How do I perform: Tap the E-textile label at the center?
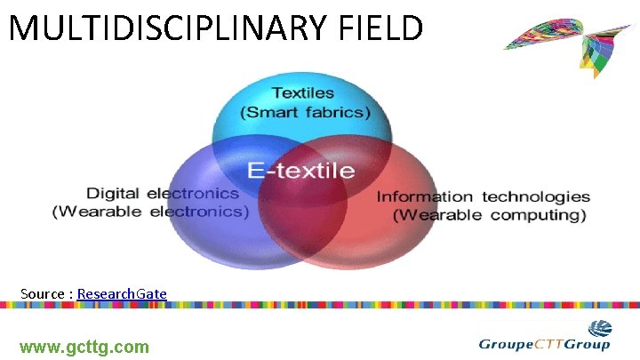pos(300,170)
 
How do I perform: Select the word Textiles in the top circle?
pos(303,92)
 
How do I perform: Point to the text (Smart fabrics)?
pos(306,113)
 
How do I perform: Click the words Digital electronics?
pos(163,193)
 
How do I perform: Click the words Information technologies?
pos(484,196)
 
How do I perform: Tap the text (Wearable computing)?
pos(490,215)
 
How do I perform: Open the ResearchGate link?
pos(122,293)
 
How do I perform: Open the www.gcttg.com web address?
pos(84,347)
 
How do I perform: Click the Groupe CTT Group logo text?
pos(544,345)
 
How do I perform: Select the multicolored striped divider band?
pos(320,305)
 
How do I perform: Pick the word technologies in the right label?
pos(536,196)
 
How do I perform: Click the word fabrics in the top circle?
pos(333,113)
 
